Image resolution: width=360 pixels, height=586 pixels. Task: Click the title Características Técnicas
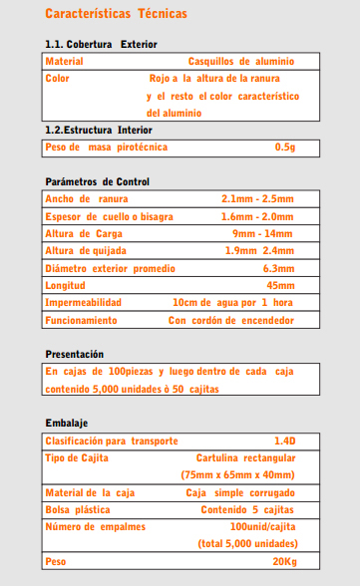pyautogui.click(x=116, y=14)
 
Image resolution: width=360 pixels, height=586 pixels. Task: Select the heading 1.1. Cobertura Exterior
pyautogui.click(x=101, y=45)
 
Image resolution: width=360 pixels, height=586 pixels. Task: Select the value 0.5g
pyautogui.click(x=285, y=147)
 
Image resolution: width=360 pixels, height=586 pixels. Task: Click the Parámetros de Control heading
pyautogui.click(x=98, y=182)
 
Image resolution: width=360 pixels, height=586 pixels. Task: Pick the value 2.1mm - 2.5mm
pyautogui.click(x=257, y=199)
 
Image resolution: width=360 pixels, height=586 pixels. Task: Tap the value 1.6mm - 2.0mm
pyautogui.click(x=257, y=216)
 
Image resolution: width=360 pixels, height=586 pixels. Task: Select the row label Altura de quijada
pyautogui.click(x=89, y=250)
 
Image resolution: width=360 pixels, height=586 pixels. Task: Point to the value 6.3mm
pyautogui.click(x=278, y=268)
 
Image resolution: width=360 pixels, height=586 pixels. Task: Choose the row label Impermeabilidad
pyautogui.click(x=84, y=303)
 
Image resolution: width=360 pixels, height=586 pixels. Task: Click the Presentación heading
pyautogui.click(x=75, y=355)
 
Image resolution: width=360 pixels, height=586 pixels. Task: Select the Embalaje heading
pyautogui.click(x=67, y=424)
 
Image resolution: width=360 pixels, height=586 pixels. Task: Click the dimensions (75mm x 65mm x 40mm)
pyautogui.click(x=238, y=475)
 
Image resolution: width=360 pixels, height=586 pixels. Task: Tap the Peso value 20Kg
pyautogui.click(x=283, y=562)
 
